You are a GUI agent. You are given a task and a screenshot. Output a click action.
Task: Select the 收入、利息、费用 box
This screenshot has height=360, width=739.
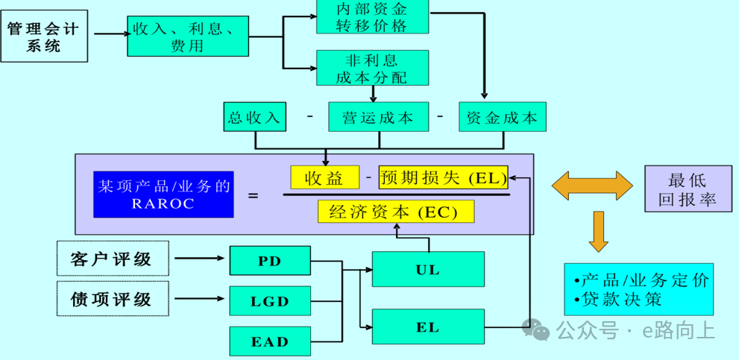[x=187, y=37]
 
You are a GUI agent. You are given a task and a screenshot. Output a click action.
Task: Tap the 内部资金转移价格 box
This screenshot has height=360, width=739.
[x=372, y=16]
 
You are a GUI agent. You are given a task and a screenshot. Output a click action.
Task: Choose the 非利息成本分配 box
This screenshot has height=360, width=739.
[x=372, y=68]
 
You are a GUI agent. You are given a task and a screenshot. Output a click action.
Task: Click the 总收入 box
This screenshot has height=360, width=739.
[x=255, y=117]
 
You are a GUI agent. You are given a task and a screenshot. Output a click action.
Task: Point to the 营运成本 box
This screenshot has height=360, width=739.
[x=379, y=117]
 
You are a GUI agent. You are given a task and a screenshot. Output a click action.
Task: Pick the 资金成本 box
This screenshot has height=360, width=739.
[x=502, y=117]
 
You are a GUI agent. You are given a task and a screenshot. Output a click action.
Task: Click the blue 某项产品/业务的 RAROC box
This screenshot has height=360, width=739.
[x=163, y=195]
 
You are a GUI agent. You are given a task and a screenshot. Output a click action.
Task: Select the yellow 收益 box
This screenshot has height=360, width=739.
[x=324, y=177]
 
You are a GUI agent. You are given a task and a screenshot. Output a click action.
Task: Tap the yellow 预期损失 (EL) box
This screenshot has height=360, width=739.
[x=443, y=177]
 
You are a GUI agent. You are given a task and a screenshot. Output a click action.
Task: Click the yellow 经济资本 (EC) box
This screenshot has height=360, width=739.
[x=395, y=211]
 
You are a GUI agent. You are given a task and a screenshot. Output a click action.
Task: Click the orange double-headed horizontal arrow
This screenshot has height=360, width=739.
[x=592, y=185]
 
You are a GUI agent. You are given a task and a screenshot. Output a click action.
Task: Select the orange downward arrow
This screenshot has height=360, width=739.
[x=598, y=232]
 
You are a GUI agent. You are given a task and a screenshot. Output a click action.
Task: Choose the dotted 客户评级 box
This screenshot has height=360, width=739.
[x=113, y=259]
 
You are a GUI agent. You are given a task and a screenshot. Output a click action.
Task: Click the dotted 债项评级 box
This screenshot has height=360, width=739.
[x=113, y=299]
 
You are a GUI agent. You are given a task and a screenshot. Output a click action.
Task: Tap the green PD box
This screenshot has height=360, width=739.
[x=269, y=261]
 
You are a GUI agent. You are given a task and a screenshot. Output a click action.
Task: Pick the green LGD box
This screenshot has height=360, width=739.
[x=269, y=301]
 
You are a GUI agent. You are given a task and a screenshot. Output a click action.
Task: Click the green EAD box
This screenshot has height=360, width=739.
[x=269, y=341]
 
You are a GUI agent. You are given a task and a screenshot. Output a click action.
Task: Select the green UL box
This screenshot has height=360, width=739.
[x=427, y=269]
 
